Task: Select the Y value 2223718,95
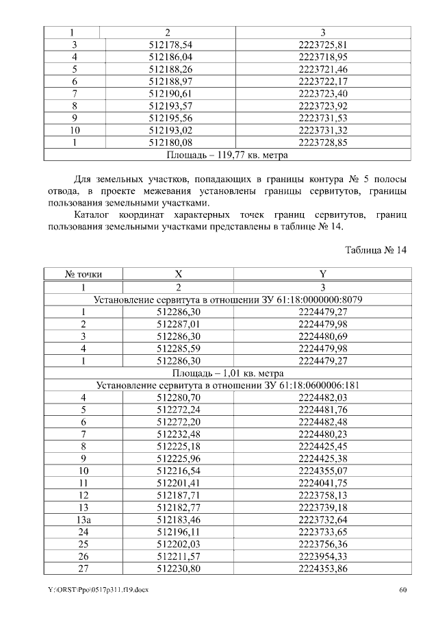(324, 57)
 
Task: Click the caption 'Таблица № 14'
(376, 251)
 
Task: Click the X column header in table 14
(178, 274)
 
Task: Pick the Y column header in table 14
(323, 274)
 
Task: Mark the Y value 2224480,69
(323, 336)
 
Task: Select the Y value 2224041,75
(323, 483)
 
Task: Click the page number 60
(403, 590)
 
